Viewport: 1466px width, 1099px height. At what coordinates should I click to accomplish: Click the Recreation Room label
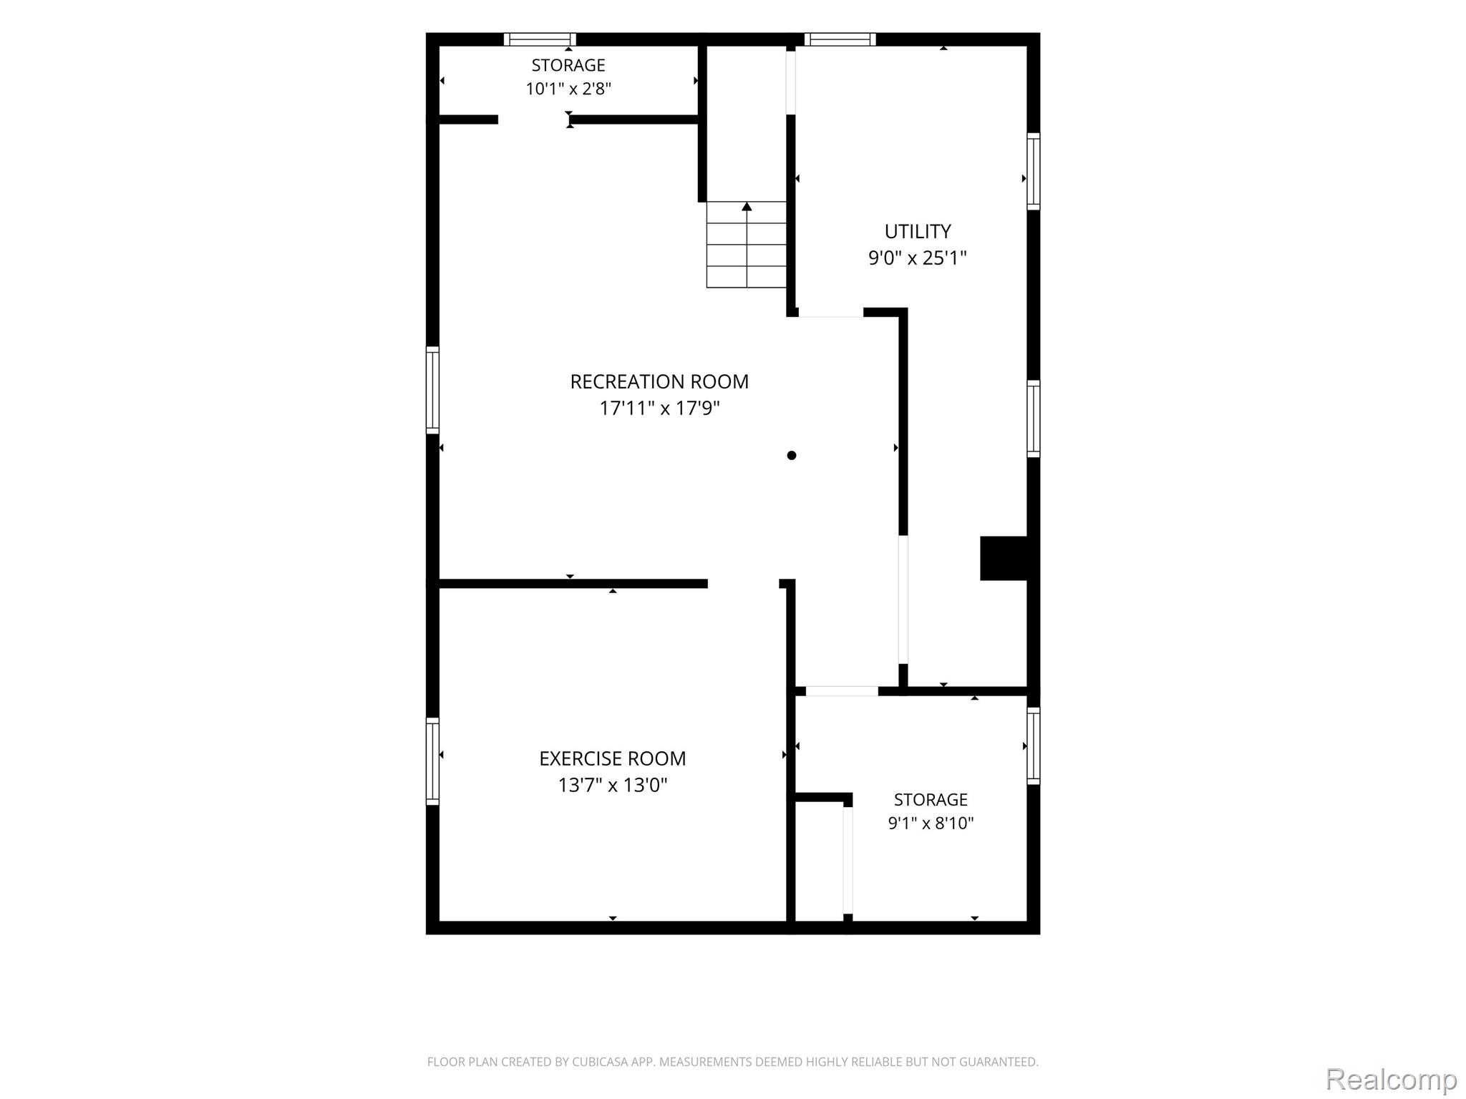659,381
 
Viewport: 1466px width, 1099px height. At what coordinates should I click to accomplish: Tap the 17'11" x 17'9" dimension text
659,408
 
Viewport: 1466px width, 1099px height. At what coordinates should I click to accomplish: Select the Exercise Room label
612,758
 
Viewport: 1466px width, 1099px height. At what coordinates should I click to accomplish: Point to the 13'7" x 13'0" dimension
612,785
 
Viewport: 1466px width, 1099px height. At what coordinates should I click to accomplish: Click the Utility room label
918,231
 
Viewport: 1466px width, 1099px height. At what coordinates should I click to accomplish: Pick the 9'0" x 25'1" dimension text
918,258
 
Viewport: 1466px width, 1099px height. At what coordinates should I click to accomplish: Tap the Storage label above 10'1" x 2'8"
568,65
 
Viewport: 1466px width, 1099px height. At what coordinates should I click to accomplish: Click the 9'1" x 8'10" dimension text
931,823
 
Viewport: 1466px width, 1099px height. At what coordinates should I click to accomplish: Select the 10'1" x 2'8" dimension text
568,89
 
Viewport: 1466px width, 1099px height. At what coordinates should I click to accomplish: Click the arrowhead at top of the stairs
747,206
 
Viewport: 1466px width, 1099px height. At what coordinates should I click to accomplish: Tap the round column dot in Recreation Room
792,455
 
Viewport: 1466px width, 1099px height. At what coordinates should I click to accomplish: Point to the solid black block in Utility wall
1004,558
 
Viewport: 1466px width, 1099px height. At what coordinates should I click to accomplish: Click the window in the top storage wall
540,39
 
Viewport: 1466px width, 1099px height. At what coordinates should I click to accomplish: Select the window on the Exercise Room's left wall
432,761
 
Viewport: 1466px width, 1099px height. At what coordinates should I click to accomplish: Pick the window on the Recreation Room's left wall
432,390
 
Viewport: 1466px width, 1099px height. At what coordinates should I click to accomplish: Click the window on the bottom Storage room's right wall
1034,746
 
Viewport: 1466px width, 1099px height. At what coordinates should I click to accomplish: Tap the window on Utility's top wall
840,39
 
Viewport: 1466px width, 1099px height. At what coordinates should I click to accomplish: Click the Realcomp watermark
1392,1078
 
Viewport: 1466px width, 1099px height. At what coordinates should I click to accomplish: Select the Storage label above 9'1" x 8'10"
931,799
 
